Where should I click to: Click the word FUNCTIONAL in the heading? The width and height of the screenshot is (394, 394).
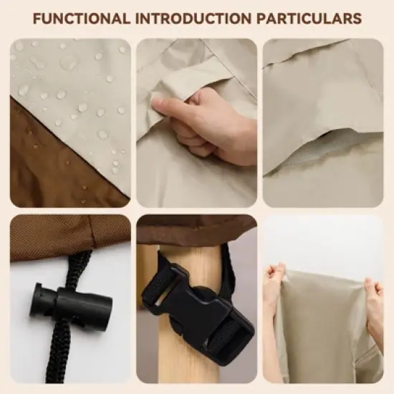[82, 19]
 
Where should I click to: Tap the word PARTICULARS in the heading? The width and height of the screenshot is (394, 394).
[309, 19]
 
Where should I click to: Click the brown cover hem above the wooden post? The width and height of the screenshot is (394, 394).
[196, 229]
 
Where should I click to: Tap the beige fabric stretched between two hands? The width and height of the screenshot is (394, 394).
[324, 327]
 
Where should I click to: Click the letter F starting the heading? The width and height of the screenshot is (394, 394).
[37, 19]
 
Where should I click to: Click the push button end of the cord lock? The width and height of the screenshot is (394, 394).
[37, 299]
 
